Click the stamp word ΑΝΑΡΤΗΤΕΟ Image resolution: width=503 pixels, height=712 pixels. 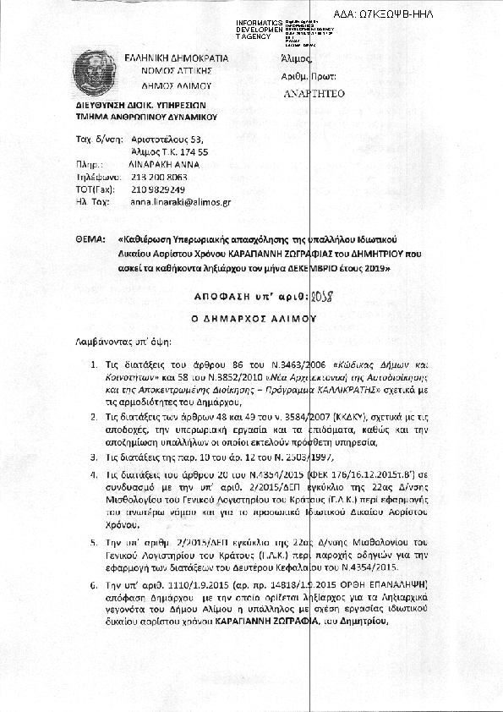(x=314, y=94)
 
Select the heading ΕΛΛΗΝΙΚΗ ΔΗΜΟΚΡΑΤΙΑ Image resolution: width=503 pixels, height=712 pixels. (x=177, y=58)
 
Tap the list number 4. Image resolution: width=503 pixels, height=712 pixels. (x=94, y=477)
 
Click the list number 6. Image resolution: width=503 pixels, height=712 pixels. (x=94, y=584)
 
